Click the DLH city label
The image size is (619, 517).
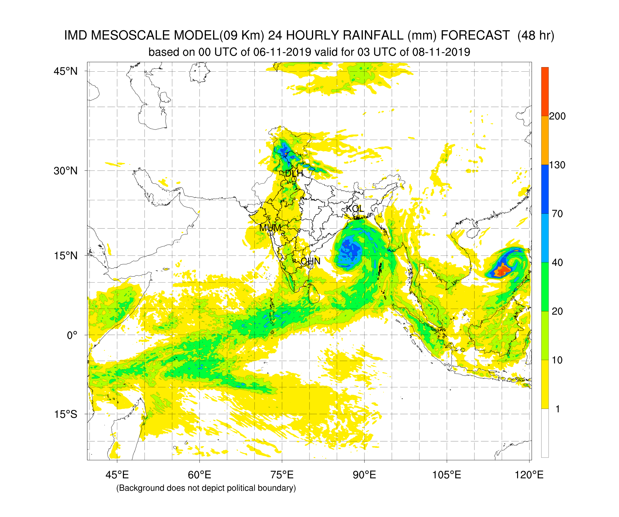(x=294, y=174)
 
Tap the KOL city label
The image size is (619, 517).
(x=355, y=209)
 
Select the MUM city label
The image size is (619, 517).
(x=270, y=228)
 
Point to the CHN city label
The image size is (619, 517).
(x=310, y=261)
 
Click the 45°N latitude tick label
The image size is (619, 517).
(x=66, y=71)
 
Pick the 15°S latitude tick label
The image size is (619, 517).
(x=66, y=414)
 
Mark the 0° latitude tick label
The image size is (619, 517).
(x=72, y=335)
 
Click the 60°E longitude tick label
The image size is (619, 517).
(x=199, y=475)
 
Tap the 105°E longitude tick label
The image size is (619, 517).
(x=447, y=475)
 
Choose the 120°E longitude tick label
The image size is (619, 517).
(x=529, y=475)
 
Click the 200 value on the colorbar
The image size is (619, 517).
(x=557, y=116)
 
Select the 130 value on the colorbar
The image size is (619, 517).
(x=557, y=165)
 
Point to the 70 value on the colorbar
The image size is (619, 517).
(x=557, y=214)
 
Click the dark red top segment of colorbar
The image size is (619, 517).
(x=545, y=91)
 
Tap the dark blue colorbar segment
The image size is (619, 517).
(x=545, y=189)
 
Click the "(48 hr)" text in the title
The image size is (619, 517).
(x=536, y=36)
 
